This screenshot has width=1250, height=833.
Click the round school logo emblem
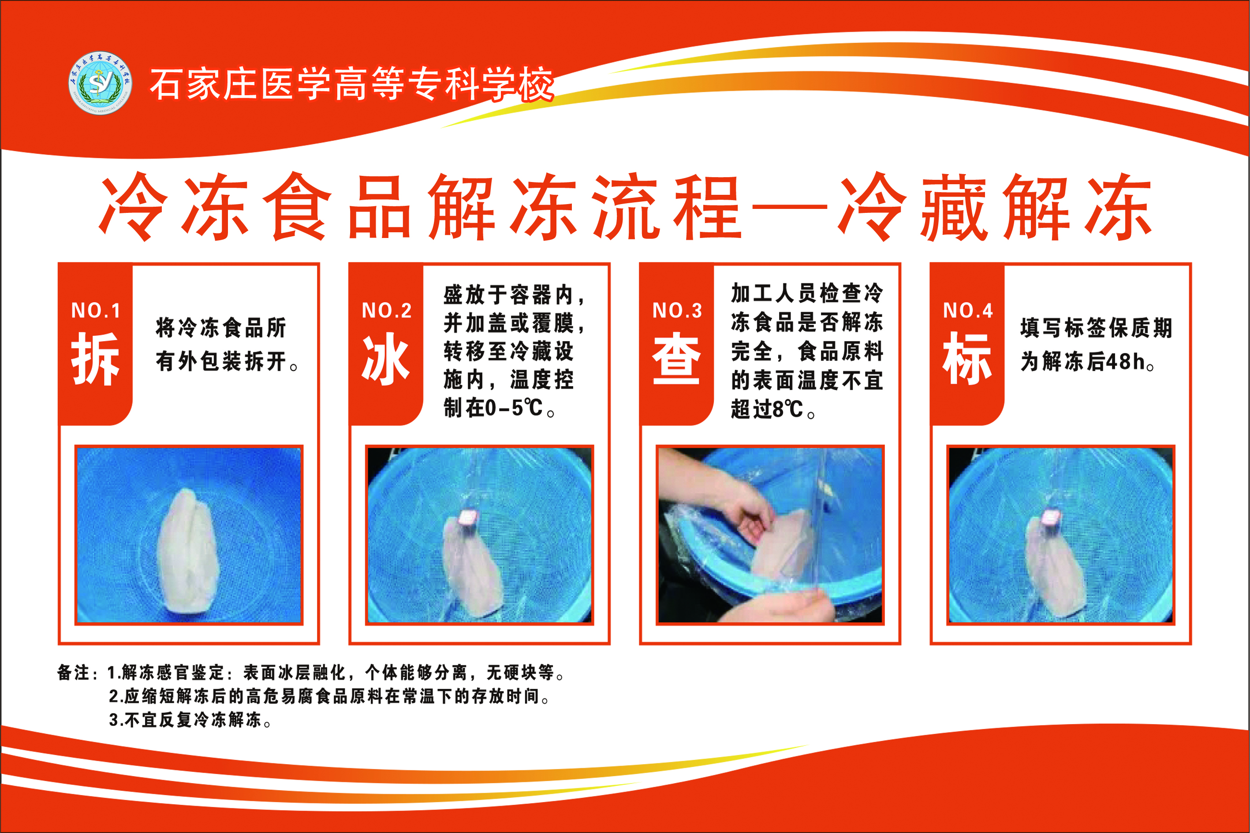[x=100, y=83]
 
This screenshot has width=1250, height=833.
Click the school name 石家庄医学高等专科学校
[x=351, y=84]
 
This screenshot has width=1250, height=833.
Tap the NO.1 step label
[x=96, y=310]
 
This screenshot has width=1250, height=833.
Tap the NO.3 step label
[x=676, y=310]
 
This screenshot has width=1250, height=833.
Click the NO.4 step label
[x=967, y=310]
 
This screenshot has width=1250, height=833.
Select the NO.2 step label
[x=386, y=310]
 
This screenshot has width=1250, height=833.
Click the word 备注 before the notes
[x=73, y=673]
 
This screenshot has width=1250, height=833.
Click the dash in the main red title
[x=789, y=205]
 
